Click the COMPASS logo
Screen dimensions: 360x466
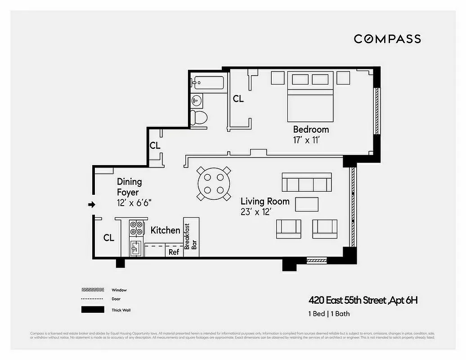click(x=387, y=39)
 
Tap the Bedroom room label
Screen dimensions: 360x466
click(x=311, y=130)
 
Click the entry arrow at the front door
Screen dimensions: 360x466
click(x=91, y=205)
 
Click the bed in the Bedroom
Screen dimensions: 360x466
click(x=310, y=97)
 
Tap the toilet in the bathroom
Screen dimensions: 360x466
click(x=199, y=117)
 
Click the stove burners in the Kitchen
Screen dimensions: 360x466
click(x=136, y=229)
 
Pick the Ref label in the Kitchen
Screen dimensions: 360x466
click(x=174, y=252)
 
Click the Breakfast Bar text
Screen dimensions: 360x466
click(x=191, y=240)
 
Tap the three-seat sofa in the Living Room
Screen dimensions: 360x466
click(x=306, y=182)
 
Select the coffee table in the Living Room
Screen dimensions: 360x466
click(x=307, y=204)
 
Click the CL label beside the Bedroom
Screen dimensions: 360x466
click(x=238, y=99)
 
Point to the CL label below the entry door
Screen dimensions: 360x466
click(x=108, y=238)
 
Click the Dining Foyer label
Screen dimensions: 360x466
click(x=129, y=187)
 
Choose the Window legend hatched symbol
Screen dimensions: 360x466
click(x=93, y=290)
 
